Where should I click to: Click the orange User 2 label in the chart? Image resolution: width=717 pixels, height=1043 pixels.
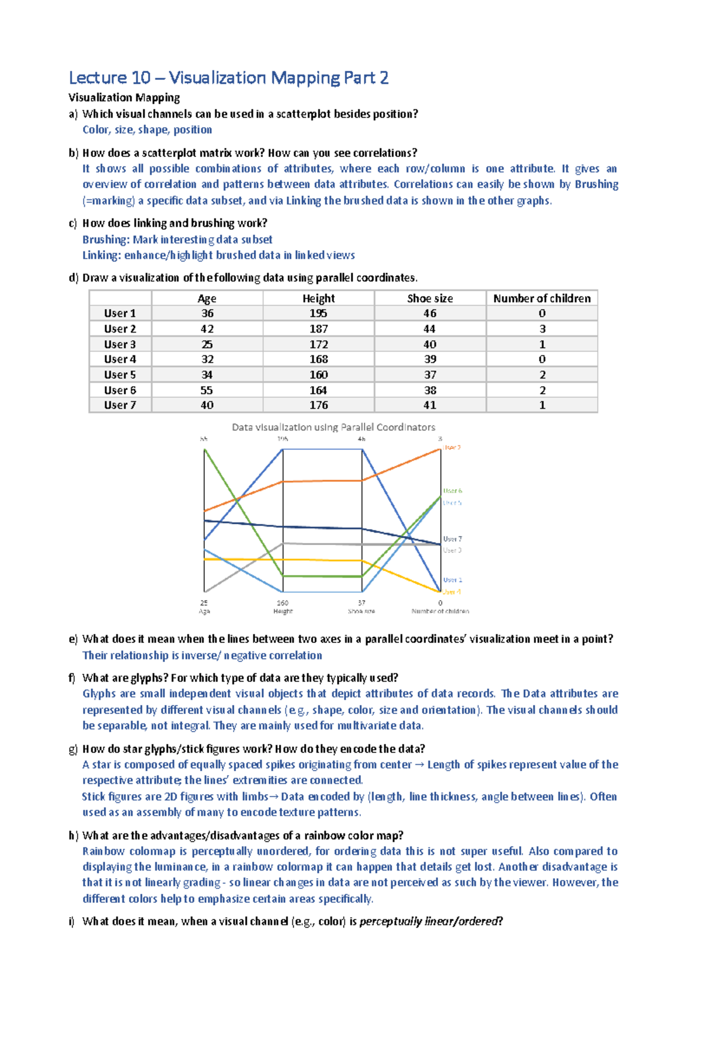pos(452,447)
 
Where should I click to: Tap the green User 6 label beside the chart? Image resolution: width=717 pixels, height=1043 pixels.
pos(452,491)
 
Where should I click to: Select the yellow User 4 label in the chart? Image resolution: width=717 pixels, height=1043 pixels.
pos(452,592)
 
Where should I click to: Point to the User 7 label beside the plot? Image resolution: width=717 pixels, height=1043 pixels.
pos(452,539)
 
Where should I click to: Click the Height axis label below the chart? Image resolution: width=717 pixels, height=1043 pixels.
pos(283,611)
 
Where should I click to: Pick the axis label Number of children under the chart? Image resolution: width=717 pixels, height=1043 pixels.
pos(440,611)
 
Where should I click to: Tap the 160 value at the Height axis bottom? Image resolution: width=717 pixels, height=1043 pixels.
pos(283,603)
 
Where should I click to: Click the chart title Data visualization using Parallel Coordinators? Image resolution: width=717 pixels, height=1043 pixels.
pos(333,427)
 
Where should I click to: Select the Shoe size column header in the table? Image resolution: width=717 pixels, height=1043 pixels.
pos(430,298)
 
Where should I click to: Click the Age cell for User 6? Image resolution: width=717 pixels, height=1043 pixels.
pos(207,390)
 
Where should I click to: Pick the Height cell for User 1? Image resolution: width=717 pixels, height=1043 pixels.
pos(318,313)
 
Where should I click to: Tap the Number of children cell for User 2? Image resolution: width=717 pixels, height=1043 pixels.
pos(542,329)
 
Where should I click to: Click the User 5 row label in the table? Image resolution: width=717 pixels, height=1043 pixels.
pos(119,375)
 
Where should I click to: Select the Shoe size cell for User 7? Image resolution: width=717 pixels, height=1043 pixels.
pos(430,405)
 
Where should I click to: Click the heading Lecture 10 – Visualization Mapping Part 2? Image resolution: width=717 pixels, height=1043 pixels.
pos(228,78)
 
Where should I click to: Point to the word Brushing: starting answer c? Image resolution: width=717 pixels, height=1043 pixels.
pos(106,239)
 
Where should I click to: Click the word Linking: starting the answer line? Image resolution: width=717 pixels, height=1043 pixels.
pos(102,256)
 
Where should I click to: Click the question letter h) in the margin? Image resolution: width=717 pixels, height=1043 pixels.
pos(73,835)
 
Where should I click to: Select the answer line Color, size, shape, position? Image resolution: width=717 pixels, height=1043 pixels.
pos(147,130)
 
